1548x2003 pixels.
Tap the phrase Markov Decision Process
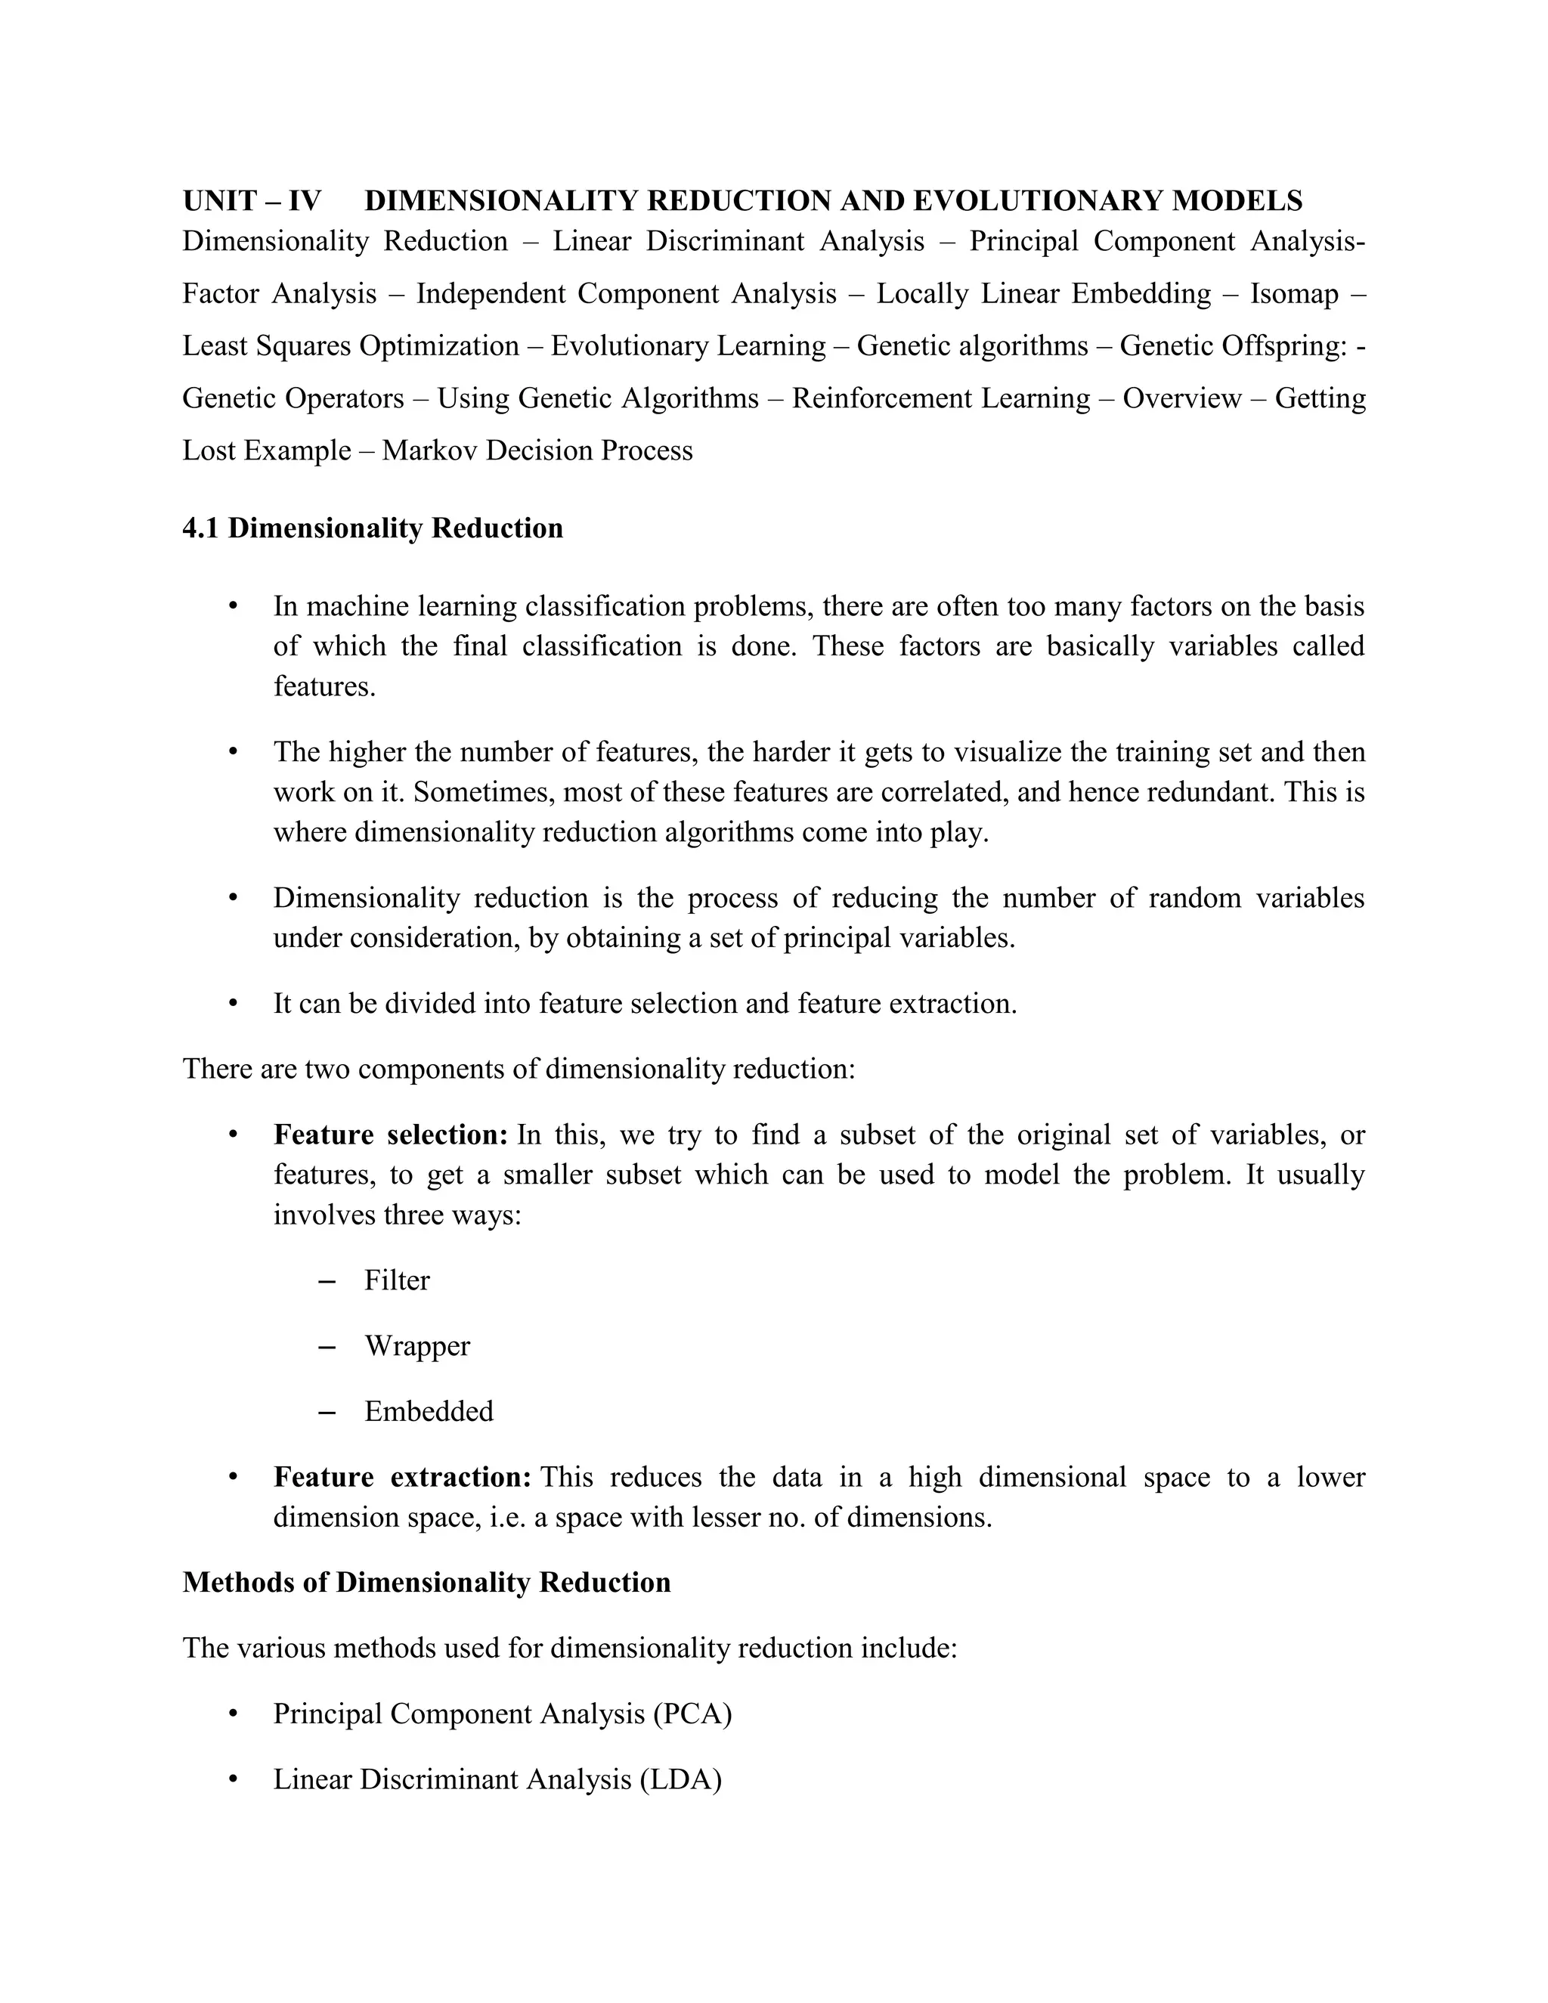(537, 451)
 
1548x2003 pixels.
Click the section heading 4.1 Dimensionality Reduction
(373, 529)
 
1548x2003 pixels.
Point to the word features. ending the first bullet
(324, 687)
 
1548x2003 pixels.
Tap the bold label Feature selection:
(391, 1135)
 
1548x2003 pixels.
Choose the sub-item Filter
(396, 1280)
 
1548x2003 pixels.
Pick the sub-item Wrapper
(416, 1346)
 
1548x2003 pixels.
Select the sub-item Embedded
(429, 1411)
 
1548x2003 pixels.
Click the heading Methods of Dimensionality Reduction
(426, 1583)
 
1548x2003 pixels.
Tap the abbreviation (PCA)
(692, 1714)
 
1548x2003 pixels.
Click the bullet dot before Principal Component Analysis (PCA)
(233, 1714)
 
